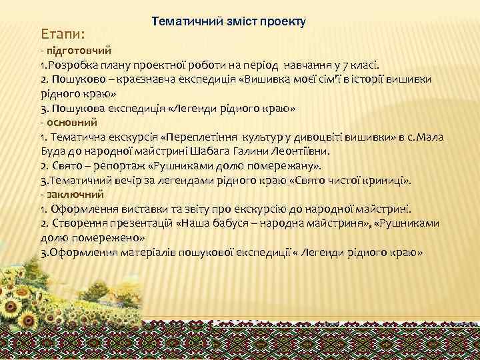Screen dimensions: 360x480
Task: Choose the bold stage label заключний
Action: pos(74,194)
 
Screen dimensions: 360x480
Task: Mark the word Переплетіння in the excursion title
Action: pos(201,137)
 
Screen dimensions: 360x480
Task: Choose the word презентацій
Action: pos(139,223)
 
